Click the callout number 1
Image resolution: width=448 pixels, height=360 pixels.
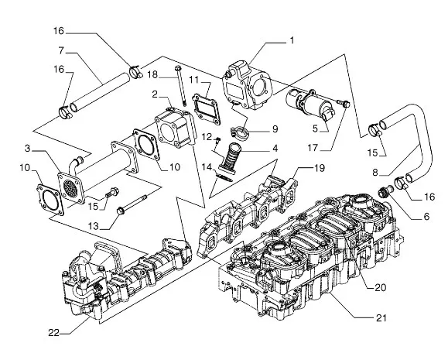click(x=292, y=41)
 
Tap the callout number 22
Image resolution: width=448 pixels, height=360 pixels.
click(x=53, y=333)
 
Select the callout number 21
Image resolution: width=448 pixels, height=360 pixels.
click(x=381, y=317)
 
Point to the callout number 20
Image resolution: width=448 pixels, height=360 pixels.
click(x=380, y=287)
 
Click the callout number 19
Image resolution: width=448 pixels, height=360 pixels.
click(x=320, y=168)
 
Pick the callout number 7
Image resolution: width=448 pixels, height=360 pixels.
click(x=61, y=50)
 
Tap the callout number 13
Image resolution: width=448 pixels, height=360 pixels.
click(x=93, y=226)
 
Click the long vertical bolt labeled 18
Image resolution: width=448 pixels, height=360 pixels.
click(x=180, y=85)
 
